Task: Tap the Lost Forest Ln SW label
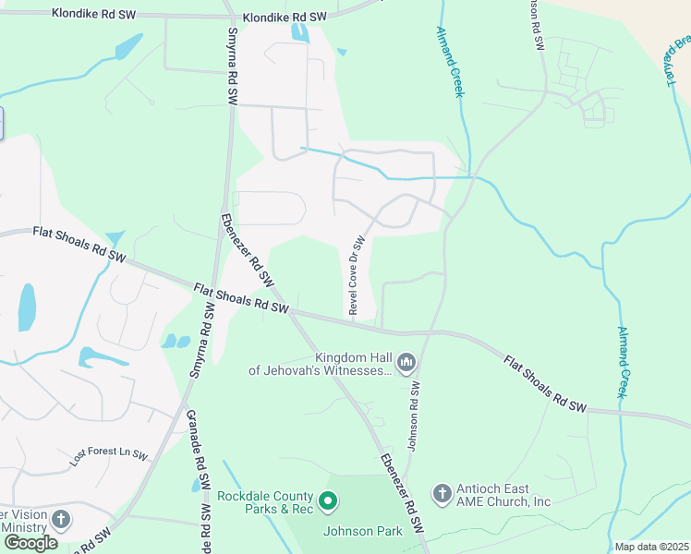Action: [109, 455]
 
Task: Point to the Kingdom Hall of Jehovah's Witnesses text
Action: [320, 364]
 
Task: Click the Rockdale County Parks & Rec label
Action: [266, 502]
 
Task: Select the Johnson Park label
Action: [362, 531]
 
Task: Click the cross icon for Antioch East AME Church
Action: [442, 494]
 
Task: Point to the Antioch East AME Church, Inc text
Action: [504, 495]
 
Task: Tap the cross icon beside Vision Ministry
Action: [61, 519]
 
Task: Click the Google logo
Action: [30, 542]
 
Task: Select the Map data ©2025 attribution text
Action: [650, 547]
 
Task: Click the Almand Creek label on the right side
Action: [624, 362]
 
